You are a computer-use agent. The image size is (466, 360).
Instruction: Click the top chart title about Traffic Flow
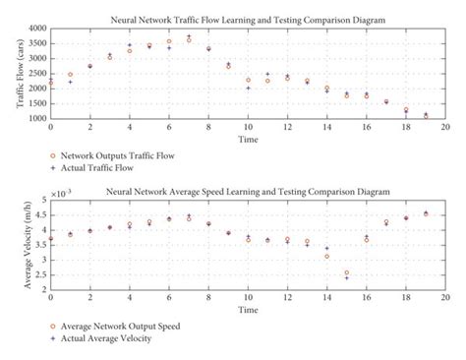click(x=247, y=19)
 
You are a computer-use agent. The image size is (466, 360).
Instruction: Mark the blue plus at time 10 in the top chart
click(x=248, y=89)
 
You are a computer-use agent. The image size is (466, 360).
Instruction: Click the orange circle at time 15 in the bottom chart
click(x=346, y=272)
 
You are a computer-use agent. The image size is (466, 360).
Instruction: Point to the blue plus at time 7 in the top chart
click(x=189, y=36)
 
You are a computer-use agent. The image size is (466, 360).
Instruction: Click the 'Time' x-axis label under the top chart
click(x=247, y=140)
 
